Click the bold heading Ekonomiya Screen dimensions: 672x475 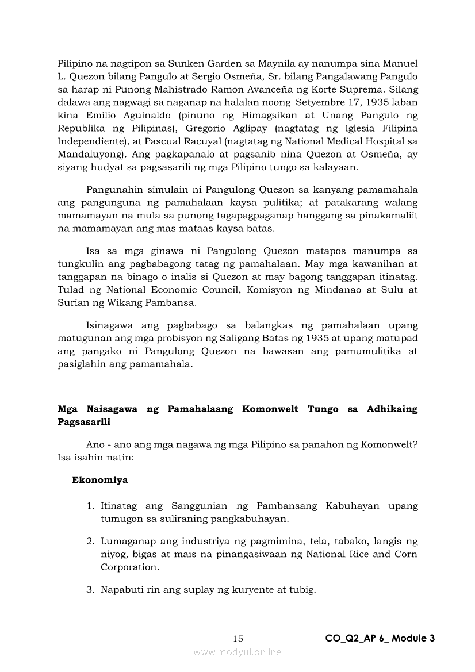tap(100, 479)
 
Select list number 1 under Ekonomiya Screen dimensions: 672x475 tap(90, 506)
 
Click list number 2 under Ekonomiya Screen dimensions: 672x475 tap(90, 542)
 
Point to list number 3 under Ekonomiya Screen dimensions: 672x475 tap(90, 590)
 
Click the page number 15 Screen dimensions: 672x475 tap(238, 638)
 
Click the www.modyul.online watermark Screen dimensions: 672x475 tap(237, 652)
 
